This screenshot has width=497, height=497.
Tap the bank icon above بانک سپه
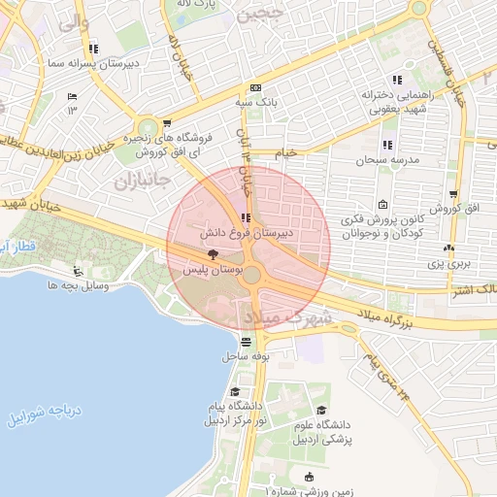(x=254, y=86)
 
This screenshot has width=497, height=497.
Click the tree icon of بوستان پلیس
(x=213, y=252)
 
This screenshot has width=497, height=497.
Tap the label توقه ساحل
(x=245, y=356)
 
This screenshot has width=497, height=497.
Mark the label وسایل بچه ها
(x=77, y=286)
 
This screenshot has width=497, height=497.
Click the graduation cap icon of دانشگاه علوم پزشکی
(x=321, y=410)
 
